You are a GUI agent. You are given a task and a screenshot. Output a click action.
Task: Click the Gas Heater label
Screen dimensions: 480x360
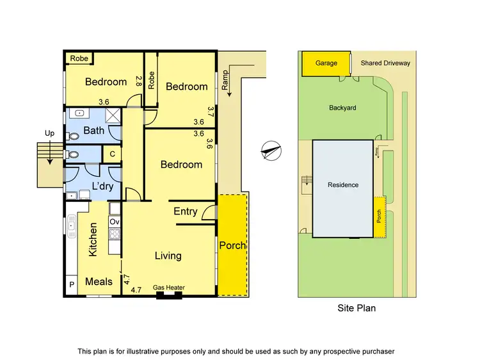tap(169, 288)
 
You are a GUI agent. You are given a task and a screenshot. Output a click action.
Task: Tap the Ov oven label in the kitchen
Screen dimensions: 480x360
tap(115, 222)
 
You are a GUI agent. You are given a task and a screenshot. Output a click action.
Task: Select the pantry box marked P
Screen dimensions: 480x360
tap(71, 284)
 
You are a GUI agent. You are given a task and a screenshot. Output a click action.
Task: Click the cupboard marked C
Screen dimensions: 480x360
tap(112, 154)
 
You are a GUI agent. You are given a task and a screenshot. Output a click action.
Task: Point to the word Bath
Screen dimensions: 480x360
tap(93, 131)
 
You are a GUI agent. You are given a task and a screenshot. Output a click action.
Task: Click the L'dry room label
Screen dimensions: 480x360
tap(102, 185)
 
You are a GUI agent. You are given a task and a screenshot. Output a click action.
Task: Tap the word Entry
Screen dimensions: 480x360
tap(186, 211)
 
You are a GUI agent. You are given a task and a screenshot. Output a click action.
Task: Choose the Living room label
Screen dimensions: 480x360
tap(168, 256)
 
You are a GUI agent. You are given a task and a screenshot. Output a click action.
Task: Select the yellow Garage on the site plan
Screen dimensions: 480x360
tap(325, 63)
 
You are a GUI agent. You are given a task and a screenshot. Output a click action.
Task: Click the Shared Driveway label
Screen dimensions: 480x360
tap(385, 63)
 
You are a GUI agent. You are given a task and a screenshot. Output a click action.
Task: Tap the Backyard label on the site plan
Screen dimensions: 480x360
tap(342, 108)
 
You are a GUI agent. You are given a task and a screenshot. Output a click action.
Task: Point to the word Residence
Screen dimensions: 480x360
tap(342, 185)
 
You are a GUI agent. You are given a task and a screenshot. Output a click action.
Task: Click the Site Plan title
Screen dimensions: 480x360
tap(356, 308)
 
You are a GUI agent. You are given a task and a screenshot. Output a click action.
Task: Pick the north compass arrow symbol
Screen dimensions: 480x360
tap(271, 150)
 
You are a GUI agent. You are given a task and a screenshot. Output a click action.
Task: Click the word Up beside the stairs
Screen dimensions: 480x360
tap(49, 133)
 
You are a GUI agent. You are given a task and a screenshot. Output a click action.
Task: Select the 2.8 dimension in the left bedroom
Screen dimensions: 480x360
tap(138, 81)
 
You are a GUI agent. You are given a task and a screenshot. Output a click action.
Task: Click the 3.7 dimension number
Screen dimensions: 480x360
tap(210, 112)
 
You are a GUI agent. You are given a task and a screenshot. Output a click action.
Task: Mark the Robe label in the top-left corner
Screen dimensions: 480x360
tap(79, 58)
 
